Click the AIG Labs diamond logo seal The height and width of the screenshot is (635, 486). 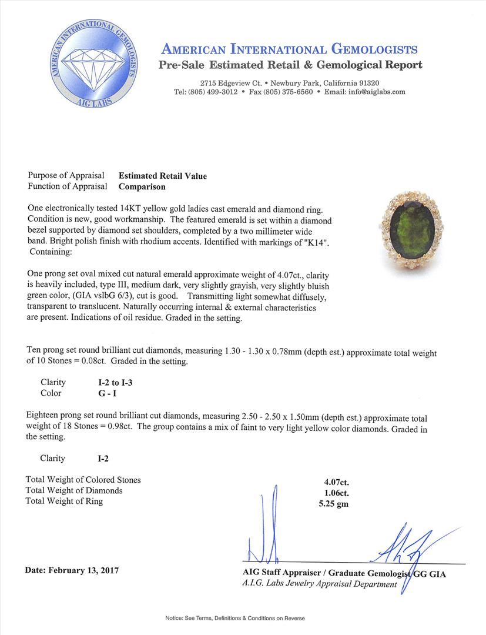coord(96,63)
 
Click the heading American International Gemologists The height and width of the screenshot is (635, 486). coord(289,49)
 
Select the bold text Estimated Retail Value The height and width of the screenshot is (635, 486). coord(163,176)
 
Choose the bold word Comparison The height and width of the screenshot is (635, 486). coord(142,187)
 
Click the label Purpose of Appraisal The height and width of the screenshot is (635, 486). coord(66,176)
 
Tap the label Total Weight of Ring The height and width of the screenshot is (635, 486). coord(64,502)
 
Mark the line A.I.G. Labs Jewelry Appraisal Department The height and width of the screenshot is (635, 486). coord(319,584)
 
